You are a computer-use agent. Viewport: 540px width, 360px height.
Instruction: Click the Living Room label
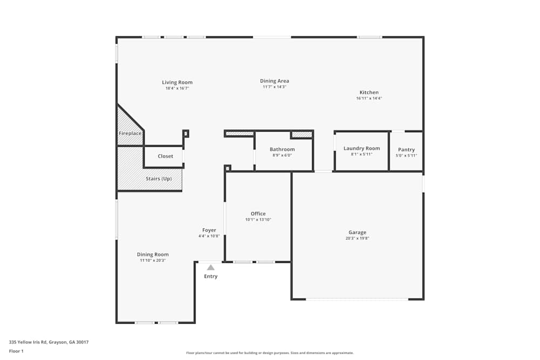(x=177, y=83)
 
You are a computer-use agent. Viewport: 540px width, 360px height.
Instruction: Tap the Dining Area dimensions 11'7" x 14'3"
(x=274, y=87)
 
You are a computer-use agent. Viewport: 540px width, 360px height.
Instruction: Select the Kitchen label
(x=369, y=92)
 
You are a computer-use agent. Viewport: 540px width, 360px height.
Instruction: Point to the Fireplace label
(x=130, y=133)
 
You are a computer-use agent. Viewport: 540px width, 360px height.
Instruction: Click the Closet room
(x=165, y=156)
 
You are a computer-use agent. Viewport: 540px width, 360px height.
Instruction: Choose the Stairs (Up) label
(x=159, y=179)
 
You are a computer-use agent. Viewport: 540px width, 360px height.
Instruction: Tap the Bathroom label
(x=282, y=150)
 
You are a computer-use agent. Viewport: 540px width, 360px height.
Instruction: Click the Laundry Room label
(x=361, y=148)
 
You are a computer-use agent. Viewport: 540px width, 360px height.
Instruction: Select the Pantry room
(x=406, y=152)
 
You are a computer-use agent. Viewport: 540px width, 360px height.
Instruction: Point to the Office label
(x=258, y=214)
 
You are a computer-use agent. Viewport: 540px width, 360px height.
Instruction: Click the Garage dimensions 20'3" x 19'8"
(x=357, y=239)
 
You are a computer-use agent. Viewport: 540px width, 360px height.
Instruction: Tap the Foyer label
(x=209, y=230)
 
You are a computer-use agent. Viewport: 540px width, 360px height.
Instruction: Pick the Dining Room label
(x=152, y=254)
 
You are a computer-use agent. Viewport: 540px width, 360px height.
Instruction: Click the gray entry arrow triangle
(x=211, y=267)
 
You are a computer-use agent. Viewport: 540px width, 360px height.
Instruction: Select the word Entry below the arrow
(x=211, y=276)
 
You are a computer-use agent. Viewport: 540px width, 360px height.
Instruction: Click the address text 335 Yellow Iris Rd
(x=49, y=342)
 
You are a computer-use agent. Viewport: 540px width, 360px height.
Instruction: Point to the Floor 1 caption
(x=16, y=351)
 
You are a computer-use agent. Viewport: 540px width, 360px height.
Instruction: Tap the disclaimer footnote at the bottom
(x=271, y=353)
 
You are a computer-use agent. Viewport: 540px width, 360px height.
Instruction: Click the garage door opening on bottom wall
(x=357, y=299)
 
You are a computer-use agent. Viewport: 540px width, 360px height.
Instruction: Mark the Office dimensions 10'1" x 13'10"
(x=258, y=220)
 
